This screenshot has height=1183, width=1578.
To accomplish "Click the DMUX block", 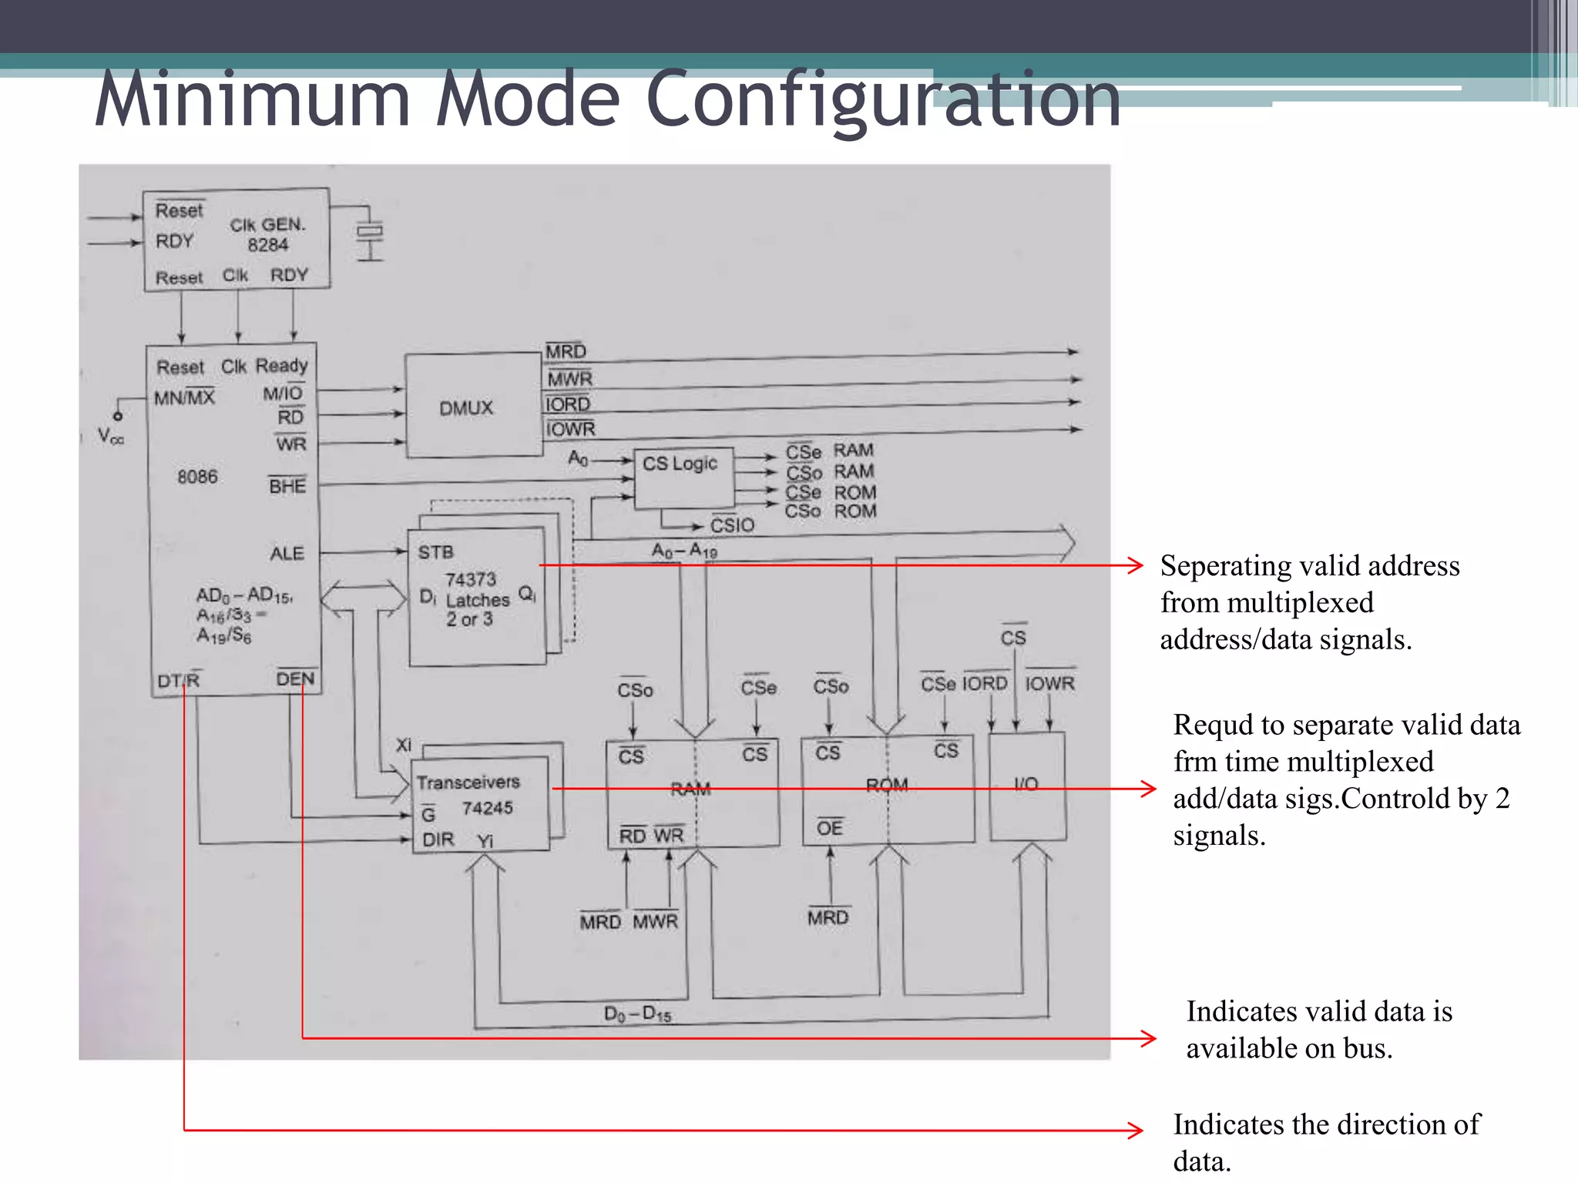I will coord(467,407).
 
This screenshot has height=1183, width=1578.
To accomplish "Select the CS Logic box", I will coord(680,464).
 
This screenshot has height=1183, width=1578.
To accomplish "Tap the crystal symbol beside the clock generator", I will coord(370,232).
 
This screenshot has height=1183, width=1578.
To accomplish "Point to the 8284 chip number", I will coord(267,245).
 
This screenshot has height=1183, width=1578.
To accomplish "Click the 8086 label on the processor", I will coord(197,477).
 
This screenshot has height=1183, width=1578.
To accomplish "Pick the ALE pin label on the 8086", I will coord(287,553).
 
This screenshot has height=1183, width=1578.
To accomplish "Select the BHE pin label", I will coord(287,486).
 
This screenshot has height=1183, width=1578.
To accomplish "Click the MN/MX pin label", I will coord(184,398).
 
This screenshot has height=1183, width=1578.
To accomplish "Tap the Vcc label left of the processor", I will coord(110,437).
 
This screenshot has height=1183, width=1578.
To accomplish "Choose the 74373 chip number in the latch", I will coord(470,579).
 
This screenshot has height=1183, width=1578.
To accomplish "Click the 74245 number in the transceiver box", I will coord(487,808).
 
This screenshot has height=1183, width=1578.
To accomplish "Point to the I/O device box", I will coord(1026,785).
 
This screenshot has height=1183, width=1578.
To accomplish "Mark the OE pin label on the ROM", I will coord(830,828).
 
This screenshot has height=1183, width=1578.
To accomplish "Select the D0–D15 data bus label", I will coord(637,1014).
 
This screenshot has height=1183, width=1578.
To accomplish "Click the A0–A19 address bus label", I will coord(684,551).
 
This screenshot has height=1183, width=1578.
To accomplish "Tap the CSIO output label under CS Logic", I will coord(732,525).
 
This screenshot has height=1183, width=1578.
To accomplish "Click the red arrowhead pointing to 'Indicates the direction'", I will coord(1136,1130).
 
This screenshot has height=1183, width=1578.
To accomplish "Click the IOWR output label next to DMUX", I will coord(570,429).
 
